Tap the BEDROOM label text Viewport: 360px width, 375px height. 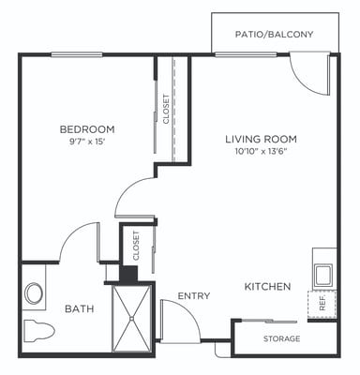point(86,129)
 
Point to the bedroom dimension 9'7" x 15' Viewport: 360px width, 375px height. point(86,142)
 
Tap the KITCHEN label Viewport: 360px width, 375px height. point(267,286)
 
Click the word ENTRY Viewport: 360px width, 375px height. point(194,296)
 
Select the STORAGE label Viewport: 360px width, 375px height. point(281,338)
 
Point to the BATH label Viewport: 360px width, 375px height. point(79,308)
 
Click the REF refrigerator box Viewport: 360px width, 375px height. point(322,305)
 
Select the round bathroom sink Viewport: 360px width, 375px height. point(35,293)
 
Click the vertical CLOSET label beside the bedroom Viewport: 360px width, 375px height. point(166,109)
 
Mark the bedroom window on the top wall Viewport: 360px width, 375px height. point(77,54)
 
